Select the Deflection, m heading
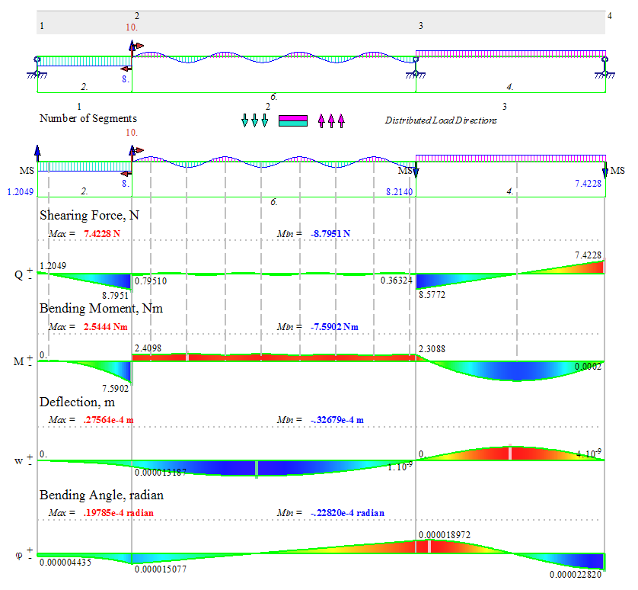pos(78,402)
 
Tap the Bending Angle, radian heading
pos(101,495)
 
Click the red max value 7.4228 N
pos(101,233)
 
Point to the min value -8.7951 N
pos(330,233)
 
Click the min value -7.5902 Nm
pos(334,326)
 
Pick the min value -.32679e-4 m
pos(337,420)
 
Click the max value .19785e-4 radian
pos(118,513)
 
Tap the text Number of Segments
pos(88,119)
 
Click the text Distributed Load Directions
pos(441,120)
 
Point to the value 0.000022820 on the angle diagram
pos(576,575)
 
